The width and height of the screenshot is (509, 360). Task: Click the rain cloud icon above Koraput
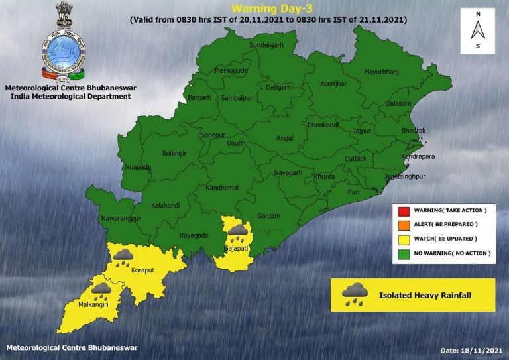click(x=123, y=257)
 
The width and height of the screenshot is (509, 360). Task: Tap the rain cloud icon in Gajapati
click(x=237, y=233)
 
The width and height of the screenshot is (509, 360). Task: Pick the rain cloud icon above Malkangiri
click(x=101, y=291)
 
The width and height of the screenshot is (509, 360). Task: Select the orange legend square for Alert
click(x=402, y=225)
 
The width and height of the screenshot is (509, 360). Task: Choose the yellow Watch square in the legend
click(x=402, y=239)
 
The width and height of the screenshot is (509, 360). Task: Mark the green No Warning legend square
click(x=402, y=253)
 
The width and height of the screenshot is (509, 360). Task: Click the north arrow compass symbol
click(x=477, y=30)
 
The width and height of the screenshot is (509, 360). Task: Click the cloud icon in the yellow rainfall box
click(x=355, y=294)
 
